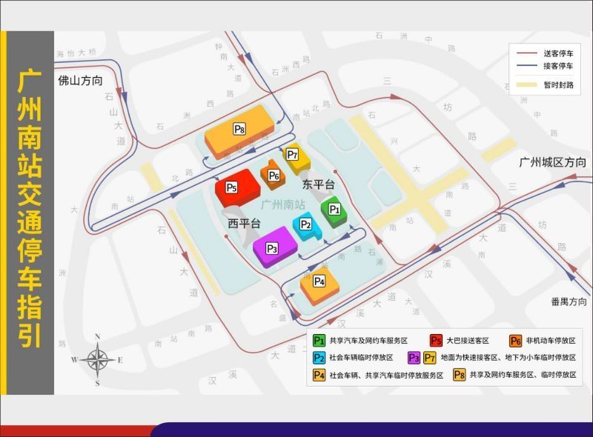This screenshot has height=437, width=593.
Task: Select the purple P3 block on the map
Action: tap(271, 249)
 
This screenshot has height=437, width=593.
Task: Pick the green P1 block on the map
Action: tap(334, 210)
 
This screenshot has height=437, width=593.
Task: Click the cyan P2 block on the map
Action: tap(305, 224)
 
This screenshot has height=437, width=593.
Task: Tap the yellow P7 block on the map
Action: tap(293, 155)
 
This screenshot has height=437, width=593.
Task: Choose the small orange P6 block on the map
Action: tap(274, 176)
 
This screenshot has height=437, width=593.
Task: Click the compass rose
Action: tap(97, 360)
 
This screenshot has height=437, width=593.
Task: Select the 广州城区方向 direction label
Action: tap(552, 162)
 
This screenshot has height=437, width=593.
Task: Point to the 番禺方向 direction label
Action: tap(569, 301)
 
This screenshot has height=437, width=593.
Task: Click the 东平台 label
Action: tap(319, 184)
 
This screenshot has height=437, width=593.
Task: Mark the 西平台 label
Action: tap(244, 222)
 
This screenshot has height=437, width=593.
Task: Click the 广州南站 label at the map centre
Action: tap(283, 204)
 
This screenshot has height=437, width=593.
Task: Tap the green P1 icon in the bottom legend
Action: tap(319, 340)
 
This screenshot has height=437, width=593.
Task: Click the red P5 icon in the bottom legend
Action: tap(437, 340)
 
